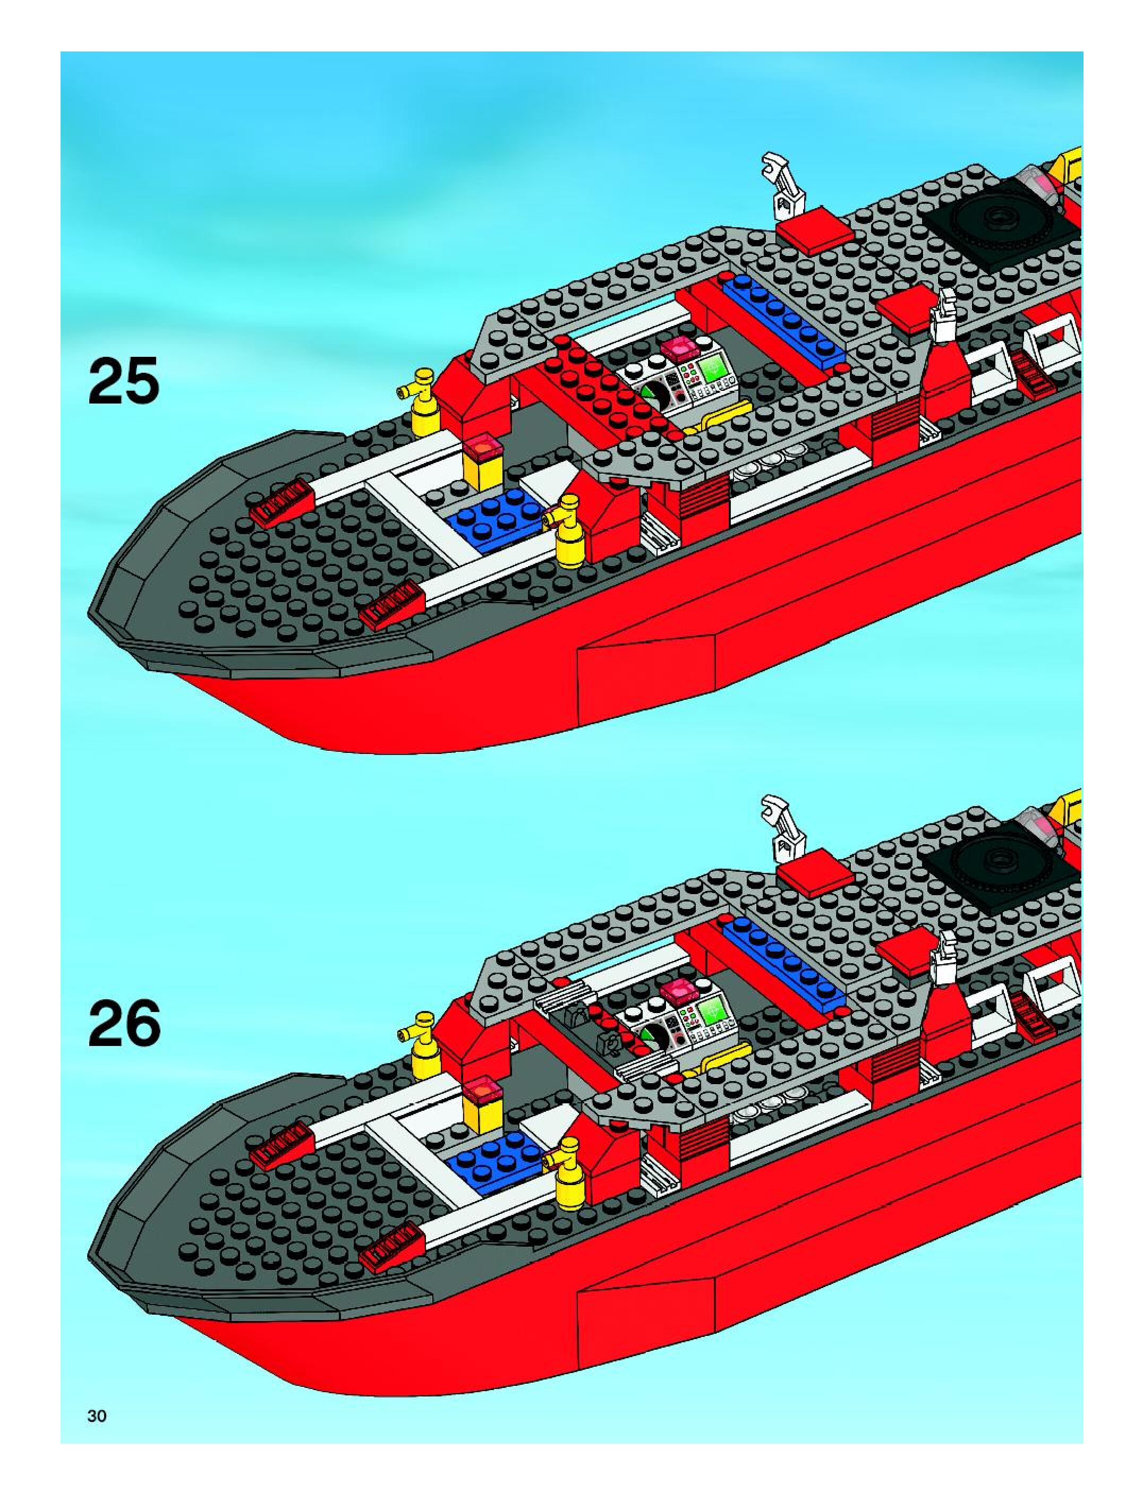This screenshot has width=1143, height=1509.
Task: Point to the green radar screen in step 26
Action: pyautogui.click(x=712, y=1010)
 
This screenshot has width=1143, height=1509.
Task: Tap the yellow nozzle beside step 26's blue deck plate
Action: pyautogui.click(x=568, y=1172)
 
